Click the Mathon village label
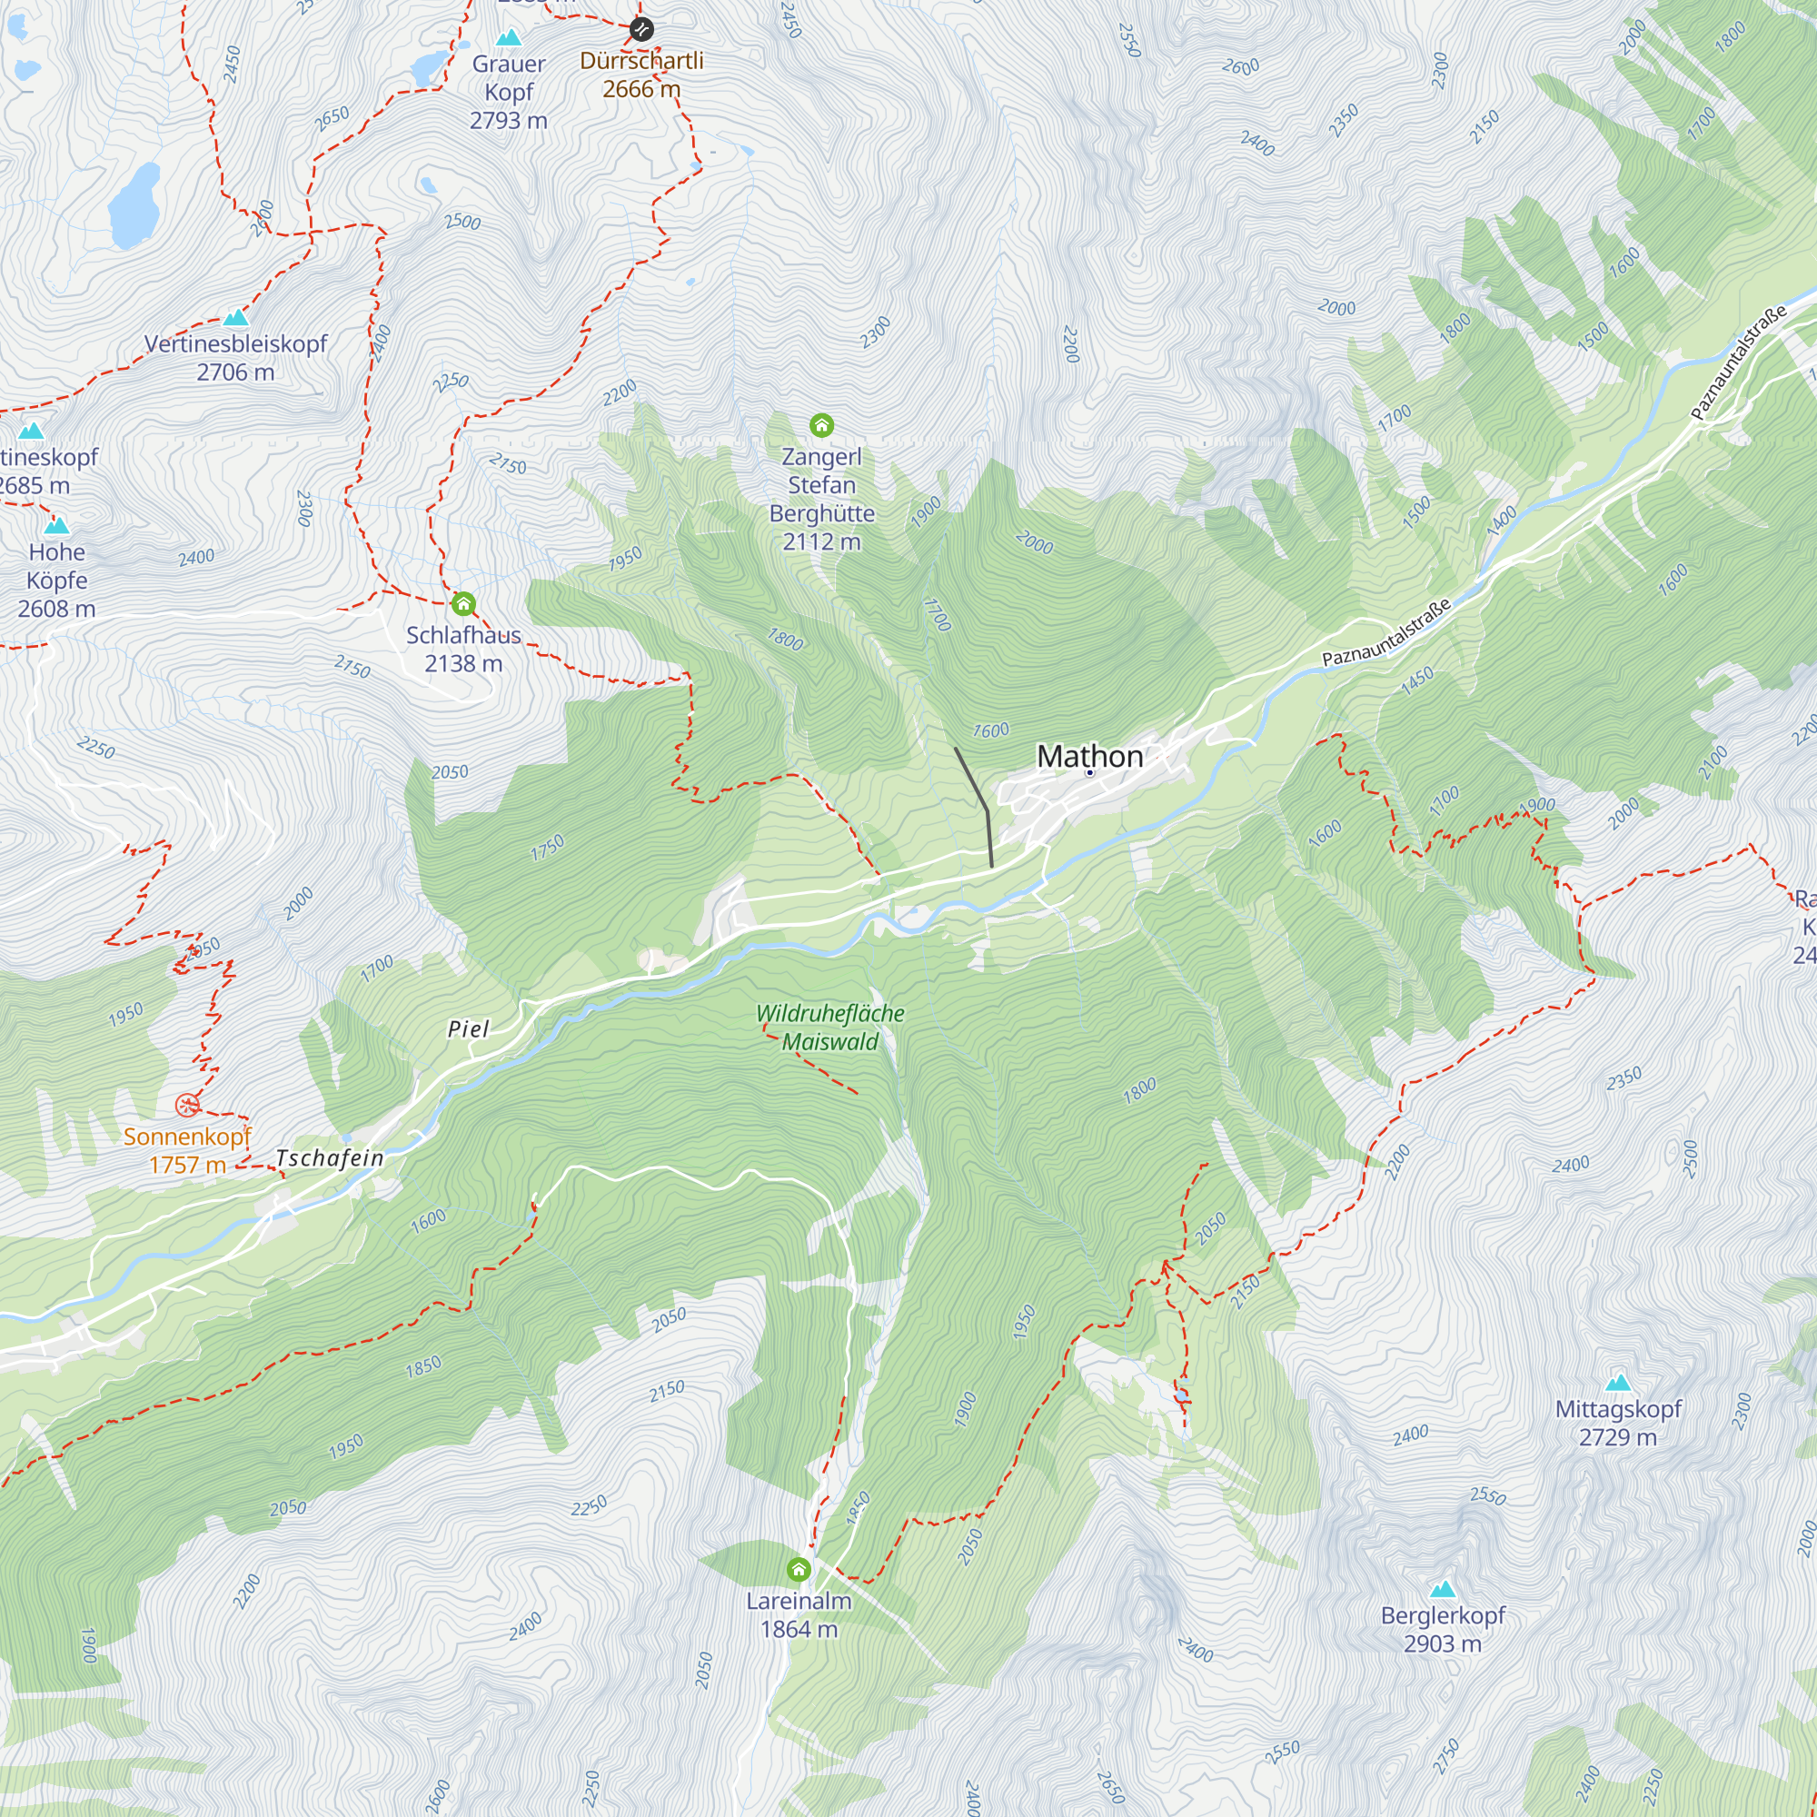(1089, 756)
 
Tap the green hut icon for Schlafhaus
(462, 604)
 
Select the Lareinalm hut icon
(799, 1569)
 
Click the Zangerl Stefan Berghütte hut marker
(821, 426)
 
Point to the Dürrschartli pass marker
(641, 29)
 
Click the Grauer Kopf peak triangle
(509, 37)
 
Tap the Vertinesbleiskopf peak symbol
(235, 317)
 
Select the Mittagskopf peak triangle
(1618, 1382)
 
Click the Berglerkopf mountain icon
(1443, 1588)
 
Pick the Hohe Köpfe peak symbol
(56, 525)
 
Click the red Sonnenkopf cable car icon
(187, 1104)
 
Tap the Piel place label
(467, 1029)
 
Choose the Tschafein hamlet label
(329, 1157)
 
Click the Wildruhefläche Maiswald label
(829, 1027)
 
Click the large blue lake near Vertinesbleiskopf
(134, 206)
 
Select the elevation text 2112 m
(821, 541)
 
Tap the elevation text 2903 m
(1442, 1644)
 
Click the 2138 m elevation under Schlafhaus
(462, 664)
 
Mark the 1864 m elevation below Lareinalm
(799, 1629)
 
